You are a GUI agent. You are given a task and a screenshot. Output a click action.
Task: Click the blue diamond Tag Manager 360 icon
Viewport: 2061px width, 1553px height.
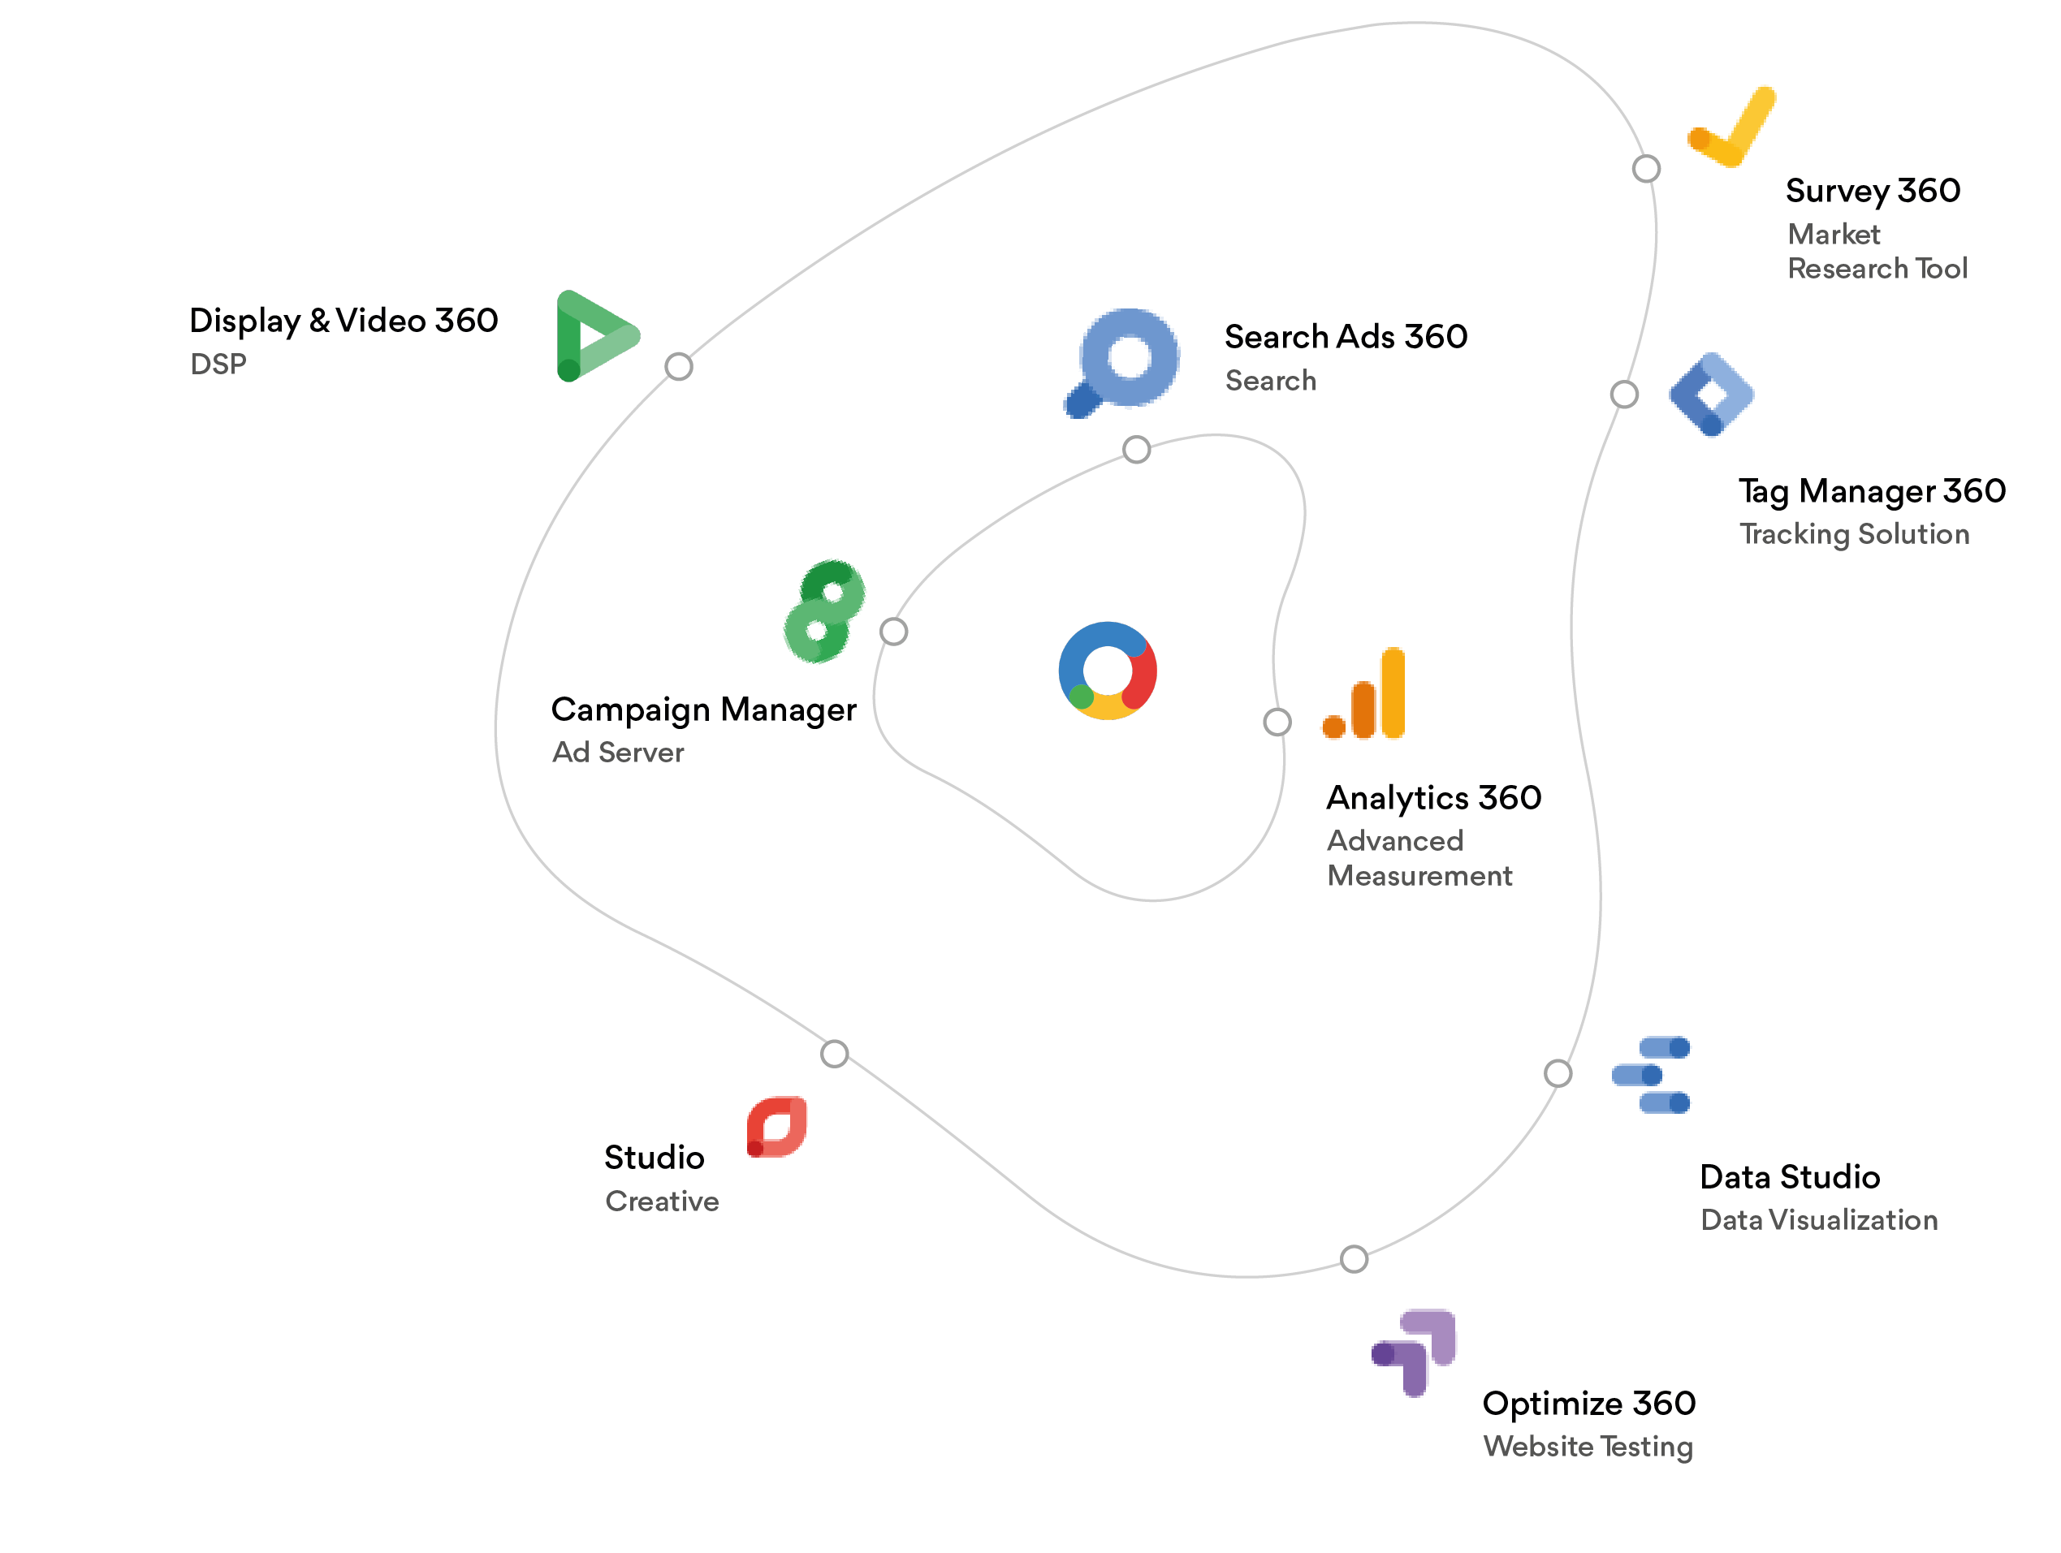(x=1712, y=394)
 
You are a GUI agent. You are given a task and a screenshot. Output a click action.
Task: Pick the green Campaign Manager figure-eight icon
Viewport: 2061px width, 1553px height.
(x=824, y=611)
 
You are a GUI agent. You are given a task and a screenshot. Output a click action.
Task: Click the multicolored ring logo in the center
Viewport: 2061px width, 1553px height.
(x=1108, y=671)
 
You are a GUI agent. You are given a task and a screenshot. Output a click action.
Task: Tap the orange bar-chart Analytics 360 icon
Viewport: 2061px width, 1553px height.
(x=1364, y=694)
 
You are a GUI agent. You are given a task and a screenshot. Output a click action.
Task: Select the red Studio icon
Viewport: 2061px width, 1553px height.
(x=776, y=1128)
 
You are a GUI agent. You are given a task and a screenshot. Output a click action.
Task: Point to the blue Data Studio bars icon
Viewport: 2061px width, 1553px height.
(x=1651, y=1075)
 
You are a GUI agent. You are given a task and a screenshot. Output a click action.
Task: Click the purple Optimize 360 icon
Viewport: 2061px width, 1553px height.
(x=1415, y=1352)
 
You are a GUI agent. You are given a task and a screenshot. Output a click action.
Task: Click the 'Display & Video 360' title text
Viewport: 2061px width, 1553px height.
(x=343, y=321)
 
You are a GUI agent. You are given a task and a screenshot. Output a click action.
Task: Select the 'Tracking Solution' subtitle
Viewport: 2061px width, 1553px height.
(x=1855, y=534)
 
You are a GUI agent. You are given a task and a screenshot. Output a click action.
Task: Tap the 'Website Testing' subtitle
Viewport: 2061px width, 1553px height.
(x=1588, y=1446)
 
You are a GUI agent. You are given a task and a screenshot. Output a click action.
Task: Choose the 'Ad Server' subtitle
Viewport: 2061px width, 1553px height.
(x=619, y=752)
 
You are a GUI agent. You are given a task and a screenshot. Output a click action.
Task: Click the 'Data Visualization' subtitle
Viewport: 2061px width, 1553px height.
(x=1820, y=1219)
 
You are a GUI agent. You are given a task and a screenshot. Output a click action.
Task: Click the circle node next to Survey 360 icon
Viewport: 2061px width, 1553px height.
(x=1646, y=169)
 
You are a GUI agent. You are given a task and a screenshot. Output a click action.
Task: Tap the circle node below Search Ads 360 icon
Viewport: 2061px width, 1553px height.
(x=1137, y=450)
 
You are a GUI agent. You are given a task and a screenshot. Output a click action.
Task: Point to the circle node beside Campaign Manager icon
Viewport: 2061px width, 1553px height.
(x=893, y=632)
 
